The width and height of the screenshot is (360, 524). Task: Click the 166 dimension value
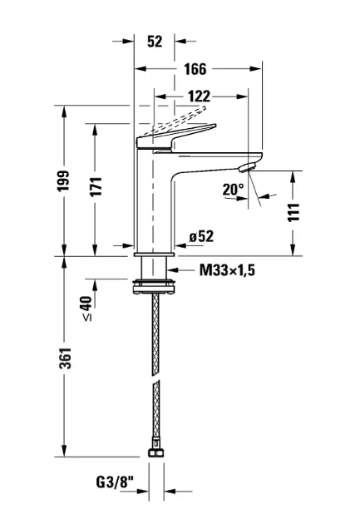(x=195, y=69)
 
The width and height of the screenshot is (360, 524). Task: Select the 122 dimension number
(x=199, y=96)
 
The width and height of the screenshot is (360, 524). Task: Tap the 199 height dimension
(x=63, y=180)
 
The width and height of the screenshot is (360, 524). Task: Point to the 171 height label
(x=96, y=186)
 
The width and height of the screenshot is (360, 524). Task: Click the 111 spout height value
(x=293, y=212)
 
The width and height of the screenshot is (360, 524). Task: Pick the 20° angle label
(x=233, y=190)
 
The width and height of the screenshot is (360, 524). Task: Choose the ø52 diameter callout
(x=201, y=236)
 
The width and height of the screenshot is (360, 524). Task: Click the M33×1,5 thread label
(x=227, y=270)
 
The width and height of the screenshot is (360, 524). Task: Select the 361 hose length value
(x=66, y=358)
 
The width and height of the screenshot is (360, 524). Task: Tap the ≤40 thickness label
(x=86, y=308)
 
